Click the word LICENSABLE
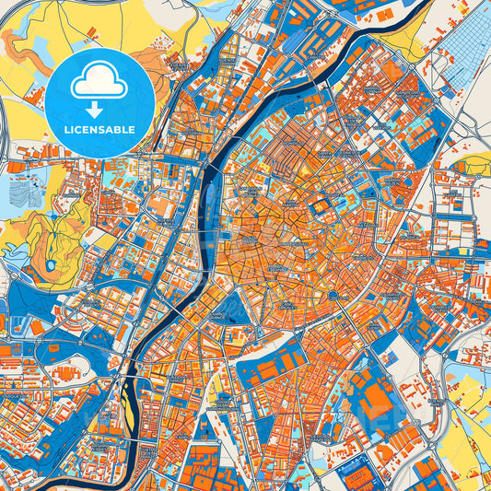click(99, 131)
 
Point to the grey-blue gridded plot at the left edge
click(21, 192)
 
